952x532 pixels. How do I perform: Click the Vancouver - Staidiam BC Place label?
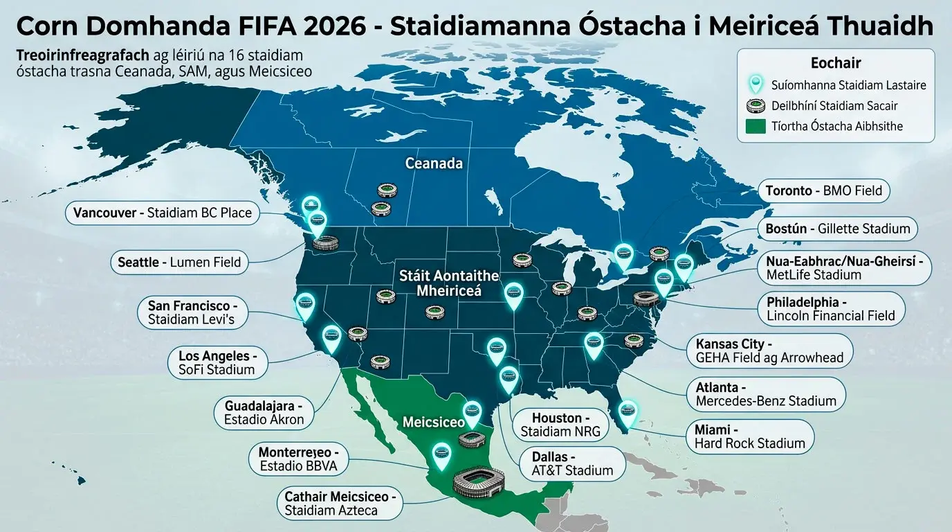click(163, 213)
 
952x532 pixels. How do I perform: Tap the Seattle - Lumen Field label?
click(179, 262)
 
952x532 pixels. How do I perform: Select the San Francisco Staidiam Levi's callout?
click(192, 312)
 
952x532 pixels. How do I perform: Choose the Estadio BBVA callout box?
click(299, 459)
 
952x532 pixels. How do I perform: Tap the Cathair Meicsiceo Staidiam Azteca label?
click(340, 503)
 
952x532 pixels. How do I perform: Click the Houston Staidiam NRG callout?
click(560, 425)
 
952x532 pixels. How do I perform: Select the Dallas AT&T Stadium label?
click(571, 463)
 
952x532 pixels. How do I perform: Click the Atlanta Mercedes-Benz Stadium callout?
click(765, 393)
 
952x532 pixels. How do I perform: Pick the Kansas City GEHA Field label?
click(769, 351)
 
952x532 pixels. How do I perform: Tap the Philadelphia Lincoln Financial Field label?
click(830, 309)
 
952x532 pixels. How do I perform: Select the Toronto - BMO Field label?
click(823, 190)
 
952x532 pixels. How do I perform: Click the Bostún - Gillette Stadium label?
click(838, 228)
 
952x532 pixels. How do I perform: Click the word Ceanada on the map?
click(434, 163)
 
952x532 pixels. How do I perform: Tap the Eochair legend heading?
click(835, 63)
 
